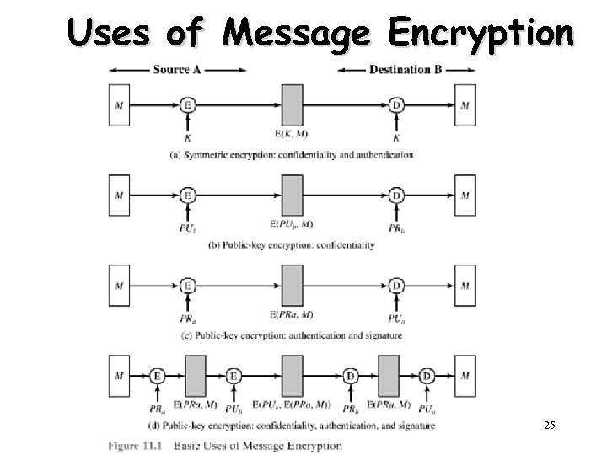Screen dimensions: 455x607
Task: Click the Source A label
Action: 177,69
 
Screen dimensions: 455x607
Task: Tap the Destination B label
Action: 406,69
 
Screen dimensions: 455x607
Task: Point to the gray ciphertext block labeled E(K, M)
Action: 292,105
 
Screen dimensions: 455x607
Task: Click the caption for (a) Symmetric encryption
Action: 292,155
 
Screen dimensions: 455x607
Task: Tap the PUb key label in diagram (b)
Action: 188,227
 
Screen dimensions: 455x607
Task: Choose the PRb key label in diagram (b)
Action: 396,227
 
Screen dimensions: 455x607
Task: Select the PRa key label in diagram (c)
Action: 188,318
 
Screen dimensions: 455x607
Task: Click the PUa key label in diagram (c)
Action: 396,318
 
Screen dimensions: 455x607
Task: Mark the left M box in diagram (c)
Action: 119,286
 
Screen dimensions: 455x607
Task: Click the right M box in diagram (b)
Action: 465,195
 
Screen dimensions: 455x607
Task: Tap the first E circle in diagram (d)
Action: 158,376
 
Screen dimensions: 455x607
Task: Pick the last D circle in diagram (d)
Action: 427,376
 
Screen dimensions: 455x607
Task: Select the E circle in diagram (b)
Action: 188,195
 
